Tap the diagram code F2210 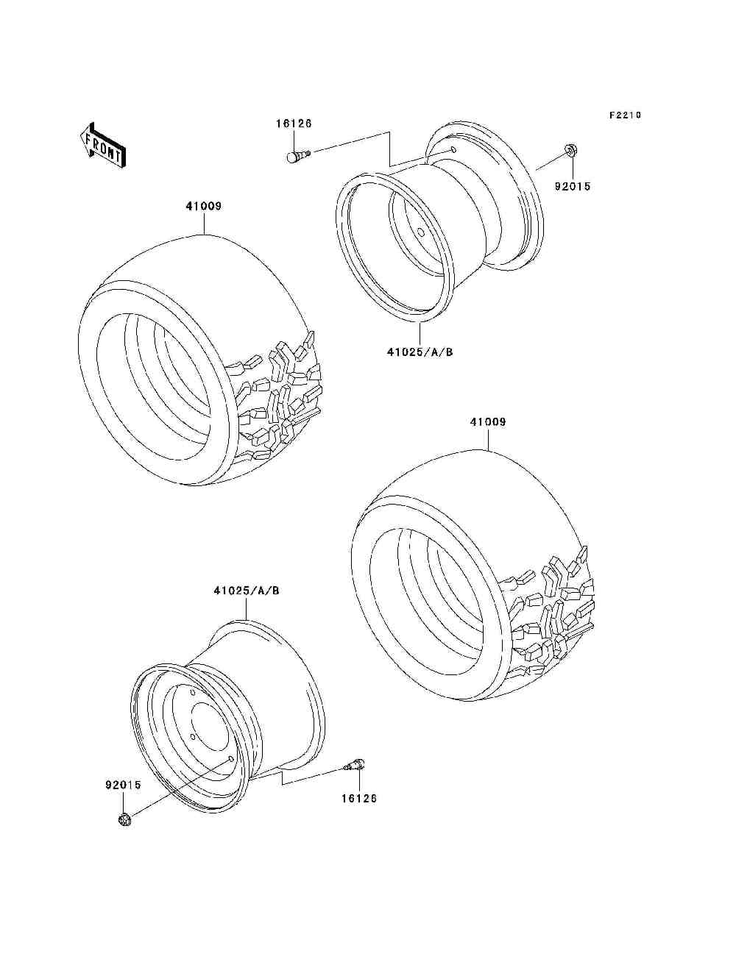tap(625, 115)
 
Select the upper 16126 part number tap(294, 124)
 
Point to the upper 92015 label tap(573, 186)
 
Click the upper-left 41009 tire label tap(204, 206)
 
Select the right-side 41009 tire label tap(488, 422)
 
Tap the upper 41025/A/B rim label tap(420, 352)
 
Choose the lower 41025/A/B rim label tap(247, 591)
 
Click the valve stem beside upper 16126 tap(299, 155)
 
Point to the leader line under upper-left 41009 tap(205, 224)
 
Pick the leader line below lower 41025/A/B tap(247, 609)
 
